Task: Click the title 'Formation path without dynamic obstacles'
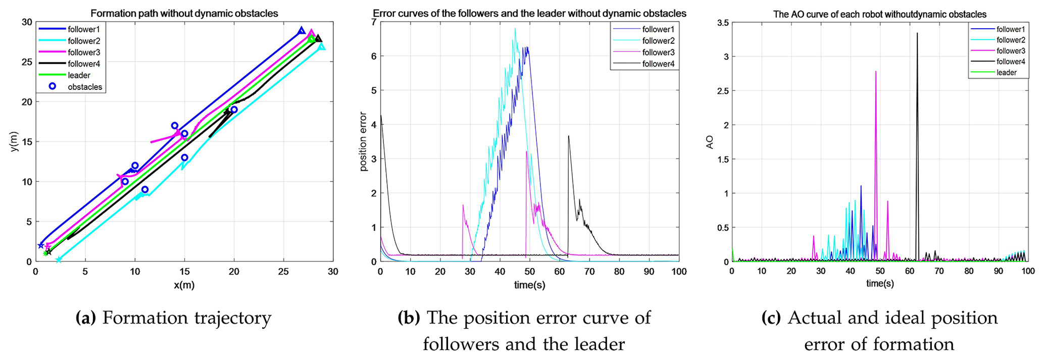coord(184,14)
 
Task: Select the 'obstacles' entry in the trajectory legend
coord(85,87)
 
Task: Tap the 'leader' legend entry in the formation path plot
coord(79,75)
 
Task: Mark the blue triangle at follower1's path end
coord(302,31)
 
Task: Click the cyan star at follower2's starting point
coord(59,260)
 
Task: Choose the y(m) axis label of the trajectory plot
coord(15,142)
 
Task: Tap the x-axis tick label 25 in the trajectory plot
coord(283,272)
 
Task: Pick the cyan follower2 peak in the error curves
coord(515,29)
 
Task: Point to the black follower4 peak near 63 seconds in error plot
coord(568,136)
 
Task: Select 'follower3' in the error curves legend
coord(658,53)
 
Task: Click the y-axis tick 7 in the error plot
coord(374,22)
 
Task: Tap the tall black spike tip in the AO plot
coord(917,33)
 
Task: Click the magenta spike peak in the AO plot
coord(875,71)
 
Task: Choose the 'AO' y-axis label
coord(710,142)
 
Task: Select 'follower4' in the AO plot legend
coord(1010,62)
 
